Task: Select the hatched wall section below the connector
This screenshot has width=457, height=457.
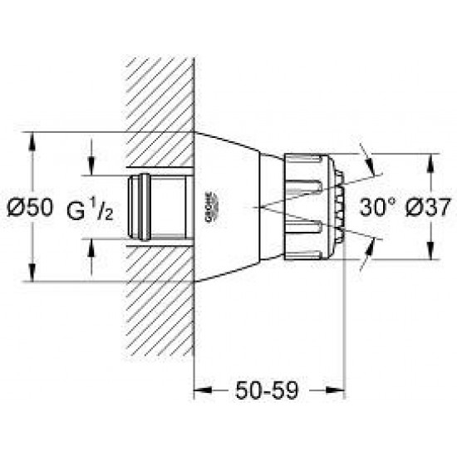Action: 158,299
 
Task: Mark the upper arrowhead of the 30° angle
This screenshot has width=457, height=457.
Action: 363,153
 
